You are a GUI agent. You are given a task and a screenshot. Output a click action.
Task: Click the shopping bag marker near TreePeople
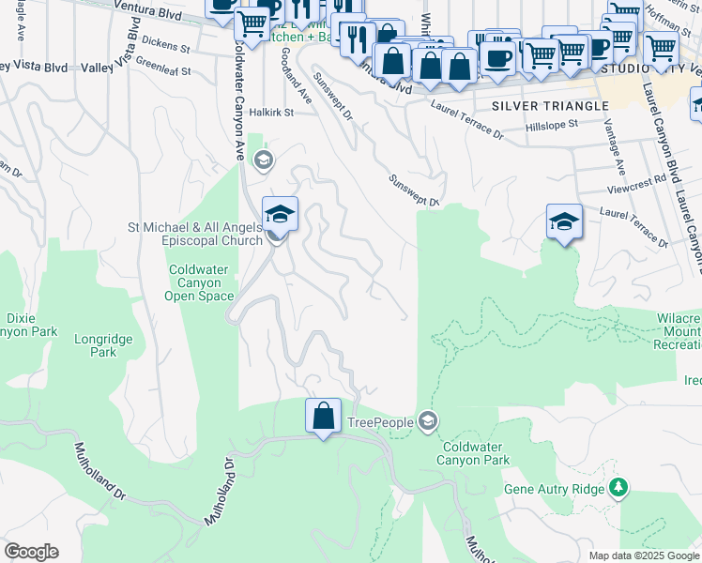323,417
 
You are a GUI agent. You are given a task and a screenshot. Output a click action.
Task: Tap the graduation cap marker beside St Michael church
280,216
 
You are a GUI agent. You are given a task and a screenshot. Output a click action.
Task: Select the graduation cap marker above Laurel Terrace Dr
563,222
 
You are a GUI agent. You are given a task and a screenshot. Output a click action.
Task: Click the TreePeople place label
380,423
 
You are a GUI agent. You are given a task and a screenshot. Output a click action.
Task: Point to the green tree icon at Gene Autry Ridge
618,487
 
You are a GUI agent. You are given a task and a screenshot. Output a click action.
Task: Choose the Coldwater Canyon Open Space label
198,282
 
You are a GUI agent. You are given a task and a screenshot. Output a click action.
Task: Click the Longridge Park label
104,345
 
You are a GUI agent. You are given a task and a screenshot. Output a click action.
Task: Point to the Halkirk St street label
271,112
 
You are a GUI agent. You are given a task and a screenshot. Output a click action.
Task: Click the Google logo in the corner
31,552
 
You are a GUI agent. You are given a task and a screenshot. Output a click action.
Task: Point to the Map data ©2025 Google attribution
643,555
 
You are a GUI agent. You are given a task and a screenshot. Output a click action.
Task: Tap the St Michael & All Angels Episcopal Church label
196,234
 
